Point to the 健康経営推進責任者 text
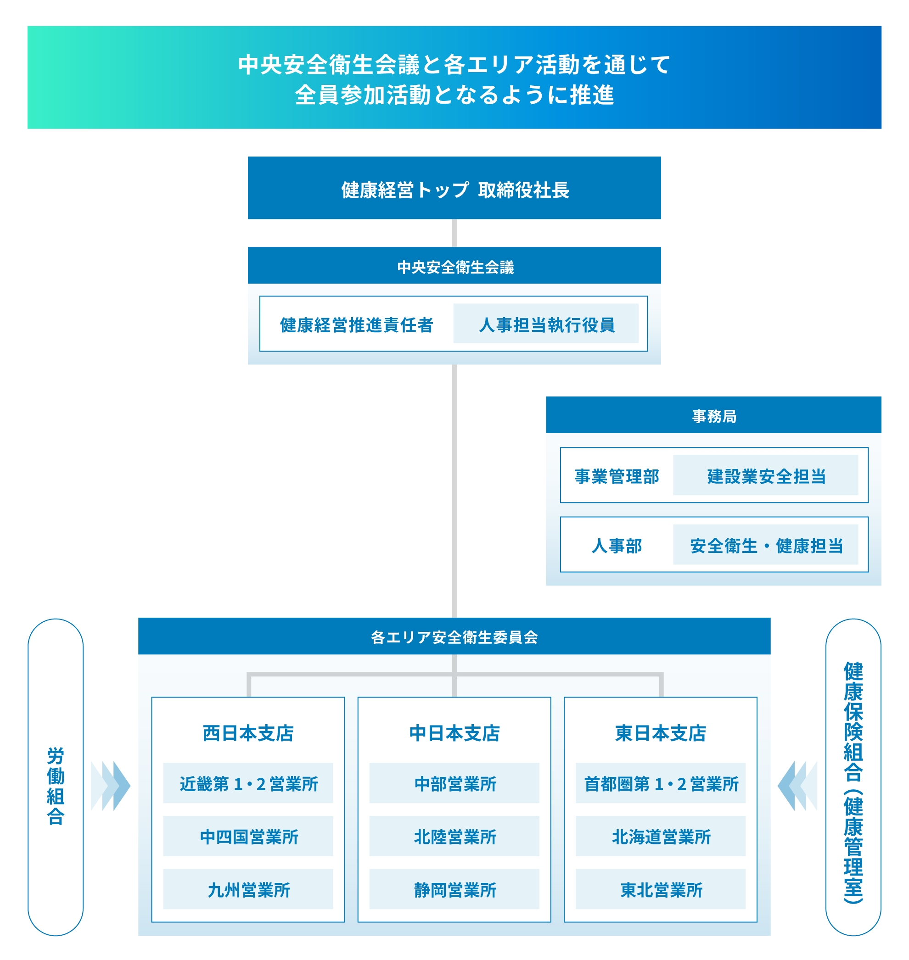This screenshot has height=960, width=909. pyautogui.click(x=356, y=324)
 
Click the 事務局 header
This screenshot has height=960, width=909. pyautogui.click(x=713, y=415)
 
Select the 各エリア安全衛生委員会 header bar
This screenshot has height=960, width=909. pyautogui.click(x=454, y=636)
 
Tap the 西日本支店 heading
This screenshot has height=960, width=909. pyautogui.click(x=248, y=732)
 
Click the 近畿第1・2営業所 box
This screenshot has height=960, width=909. pyautogui.click(x=248, y=783)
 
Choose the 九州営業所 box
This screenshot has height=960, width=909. pyautogui.click(x=248, y=889)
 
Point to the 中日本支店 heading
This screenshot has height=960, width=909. pyautogui.click(x=454, y=732)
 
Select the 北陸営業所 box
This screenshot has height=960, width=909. pyautogui.click(x=454, y=837)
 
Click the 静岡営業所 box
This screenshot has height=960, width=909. pyautogui.click(x=454, y=889)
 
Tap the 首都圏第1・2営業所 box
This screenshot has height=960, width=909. pyautogui.click(x=660, y=783)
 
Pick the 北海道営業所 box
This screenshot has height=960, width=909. pyautogui.click(x=660, y=837)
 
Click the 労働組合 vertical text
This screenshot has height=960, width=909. pyautogui.click(x=55, y=785)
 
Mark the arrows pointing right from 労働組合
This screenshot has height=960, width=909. pyautogui.click(x=111, y=786)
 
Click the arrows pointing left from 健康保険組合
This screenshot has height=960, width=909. pyautogui.click(x=797, y=786)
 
